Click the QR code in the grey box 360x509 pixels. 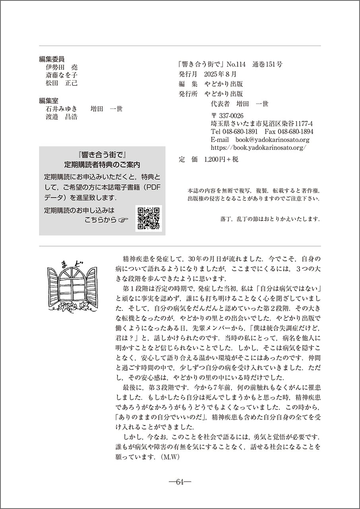click(x=149, y=218)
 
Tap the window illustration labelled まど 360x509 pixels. click(x=72, y=284)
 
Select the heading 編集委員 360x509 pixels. click(x=52, y=59)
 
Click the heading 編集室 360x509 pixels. click(x=48, y=101)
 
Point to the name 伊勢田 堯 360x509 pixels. click(x=62, y=68)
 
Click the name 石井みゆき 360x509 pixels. click(x=62, y=109)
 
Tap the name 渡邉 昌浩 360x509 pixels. click(x=62, y=117)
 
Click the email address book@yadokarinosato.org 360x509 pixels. click(x=272, y=140)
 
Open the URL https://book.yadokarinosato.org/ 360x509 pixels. click(x=259, y=148)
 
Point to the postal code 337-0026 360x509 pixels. click(x=231, y=116)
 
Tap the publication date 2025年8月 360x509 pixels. click(x=220, y=74)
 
